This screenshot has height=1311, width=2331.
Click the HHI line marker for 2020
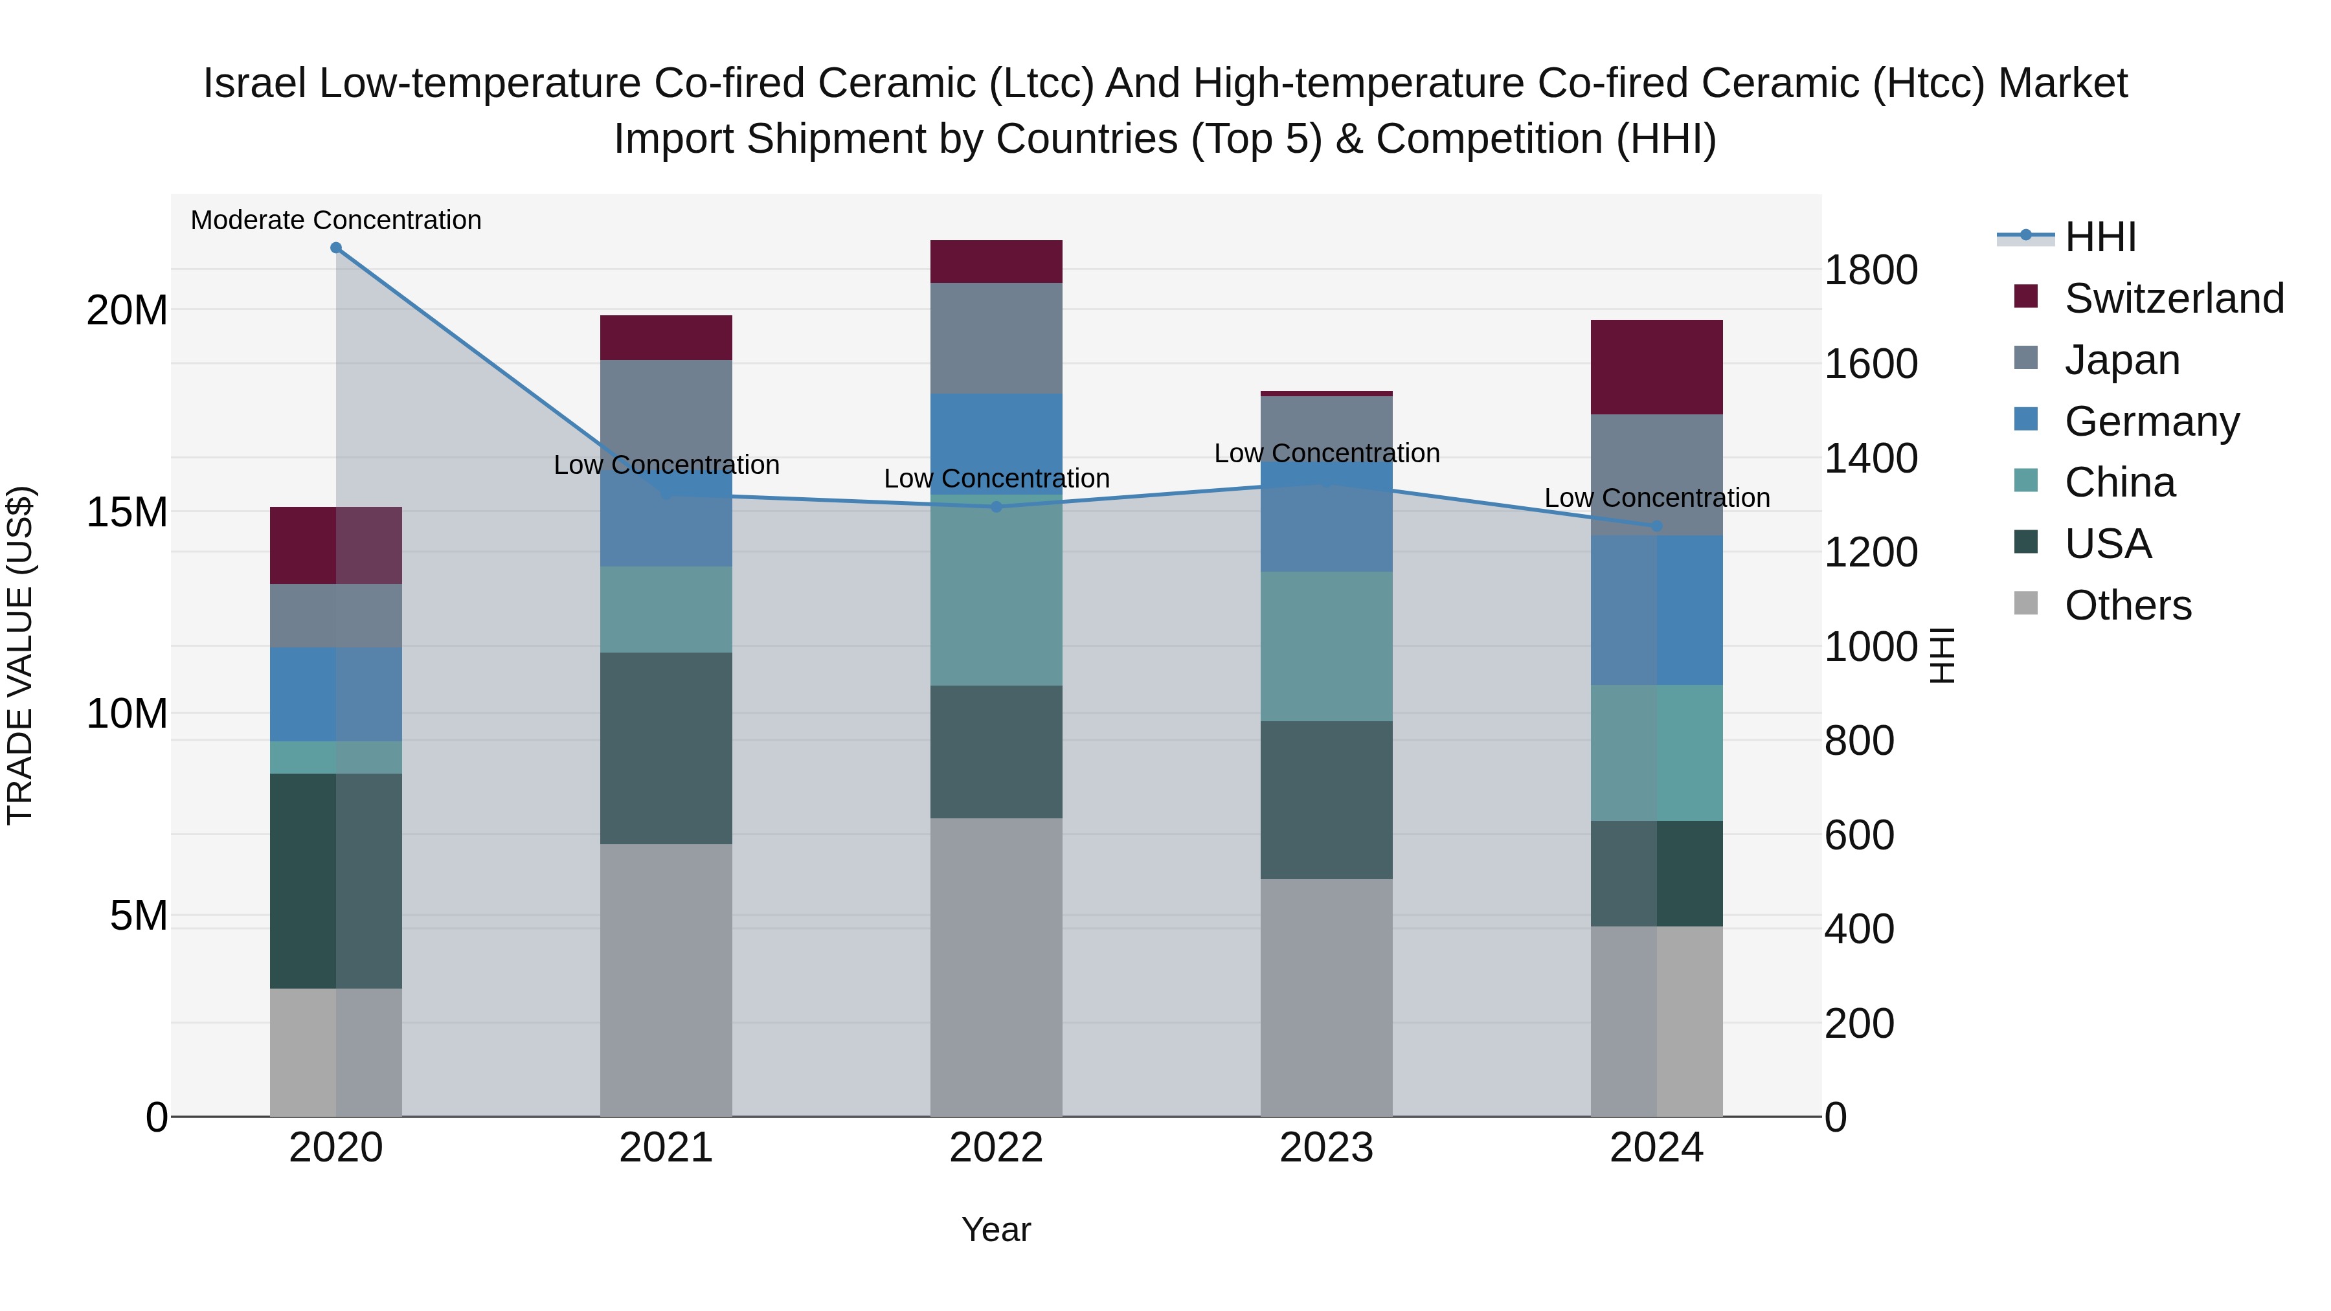click(x=335, y=248)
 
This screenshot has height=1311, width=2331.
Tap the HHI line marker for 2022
click(x=997, y=507)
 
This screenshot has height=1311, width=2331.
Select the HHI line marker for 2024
click(x=1657, y=526)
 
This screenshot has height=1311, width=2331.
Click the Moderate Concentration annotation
click(x=335, y=220)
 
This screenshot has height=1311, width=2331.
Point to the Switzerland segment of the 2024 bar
click(x=1657, y=367)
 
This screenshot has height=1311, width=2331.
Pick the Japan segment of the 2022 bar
click(x=997, y=339)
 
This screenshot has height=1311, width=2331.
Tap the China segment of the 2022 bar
click(x=997, y=597)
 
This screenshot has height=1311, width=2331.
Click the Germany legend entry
click(x=2152, y=421)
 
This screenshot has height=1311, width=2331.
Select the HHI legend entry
click(x=2099, y=237)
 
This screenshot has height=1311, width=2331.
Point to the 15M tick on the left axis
click(x=127, y=512)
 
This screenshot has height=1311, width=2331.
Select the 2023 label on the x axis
click(x=1327, y=1148)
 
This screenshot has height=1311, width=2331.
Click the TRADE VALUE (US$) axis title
click(x=20, y=655)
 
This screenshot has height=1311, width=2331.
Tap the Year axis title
click(x=997, y=1229)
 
